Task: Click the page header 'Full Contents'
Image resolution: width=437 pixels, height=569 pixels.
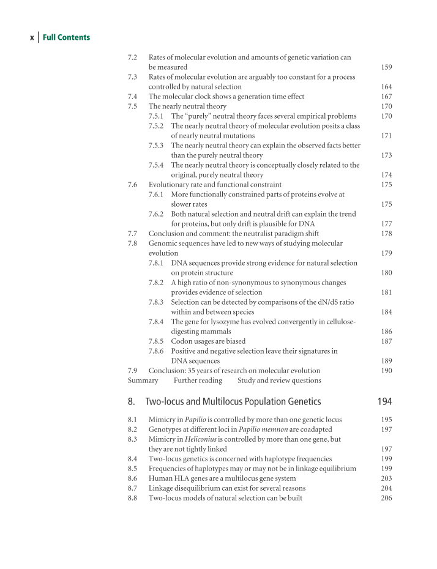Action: click(x=66, y=37)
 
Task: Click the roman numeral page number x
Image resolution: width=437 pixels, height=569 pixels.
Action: click(x=32, y=38)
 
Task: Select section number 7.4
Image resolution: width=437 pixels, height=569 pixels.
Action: click(x=132, y=97)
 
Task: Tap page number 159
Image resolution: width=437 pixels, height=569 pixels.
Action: click(x=386, y=67)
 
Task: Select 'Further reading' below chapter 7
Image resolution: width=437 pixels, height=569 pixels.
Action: click(x=198, y=381)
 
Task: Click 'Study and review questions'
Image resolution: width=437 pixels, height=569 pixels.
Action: click(x=279, y=381)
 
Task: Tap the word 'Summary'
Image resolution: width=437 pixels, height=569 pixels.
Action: click(x=143, y=381)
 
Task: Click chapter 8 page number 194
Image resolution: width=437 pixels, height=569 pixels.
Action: click(x=385, y=402)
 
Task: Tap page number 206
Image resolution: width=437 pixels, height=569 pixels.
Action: click(x=386, y=498)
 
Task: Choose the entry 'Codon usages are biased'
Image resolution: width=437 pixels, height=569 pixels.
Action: click(x=208, y=341)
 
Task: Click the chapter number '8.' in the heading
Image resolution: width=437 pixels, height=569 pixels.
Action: click(x=131, y=402)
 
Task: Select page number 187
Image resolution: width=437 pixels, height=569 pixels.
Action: click(x=386, y=341)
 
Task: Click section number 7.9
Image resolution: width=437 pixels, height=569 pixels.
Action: click(x=132, y=371)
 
